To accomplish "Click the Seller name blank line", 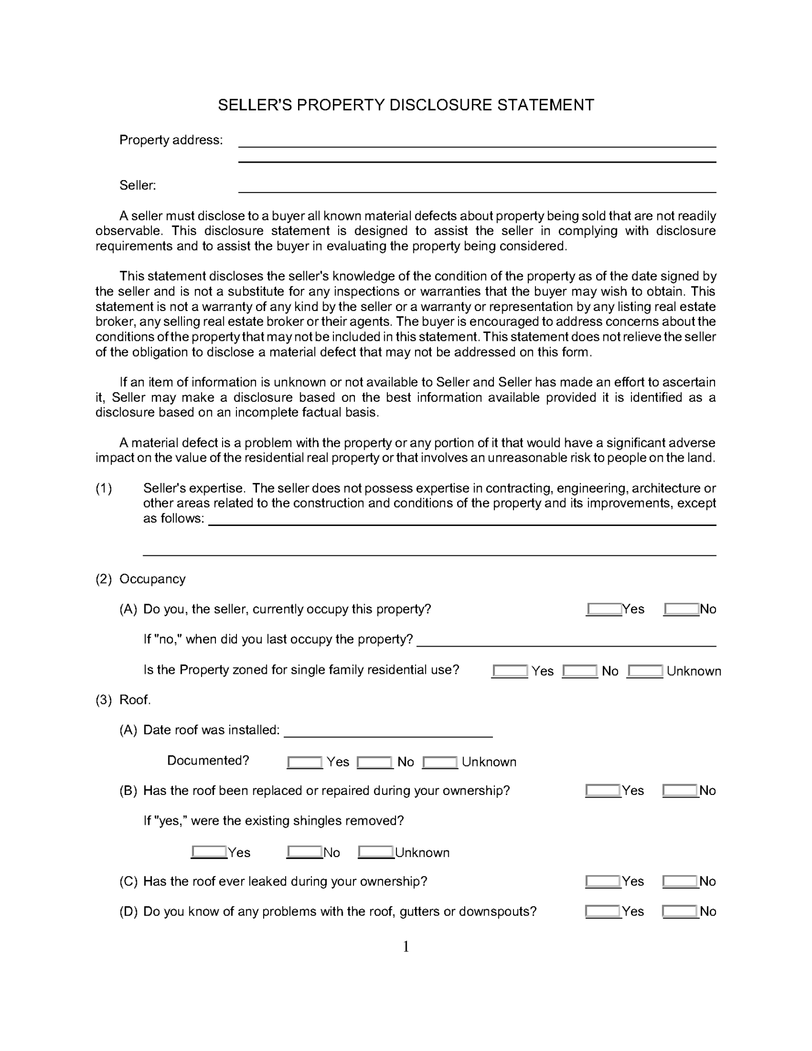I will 477,187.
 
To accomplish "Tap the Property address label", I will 171,140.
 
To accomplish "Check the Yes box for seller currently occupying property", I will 604,609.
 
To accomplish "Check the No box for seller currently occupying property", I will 681,609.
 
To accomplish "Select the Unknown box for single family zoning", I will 645,671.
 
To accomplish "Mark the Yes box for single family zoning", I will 509,671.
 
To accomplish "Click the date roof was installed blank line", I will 388,731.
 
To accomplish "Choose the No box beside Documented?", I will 374,762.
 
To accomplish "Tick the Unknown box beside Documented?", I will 440,762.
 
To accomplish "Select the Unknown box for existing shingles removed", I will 375,852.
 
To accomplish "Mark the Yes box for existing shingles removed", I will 209,852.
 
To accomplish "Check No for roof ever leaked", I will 680,882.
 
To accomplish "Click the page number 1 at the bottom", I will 406,946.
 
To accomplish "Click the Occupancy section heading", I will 152,579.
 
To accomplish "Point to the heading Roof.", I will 135,700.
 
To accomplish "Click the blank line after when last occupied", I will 566,641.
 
